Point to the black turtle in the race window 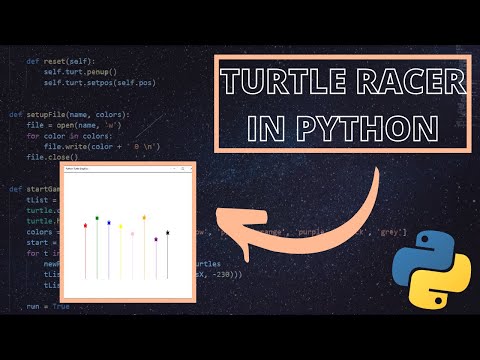click(x=167, y=233)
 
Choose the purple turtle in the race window click(x=156, y=239)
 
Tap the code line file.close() click(x=50, y=157)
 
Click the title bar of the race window click(x=125, y=169)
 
